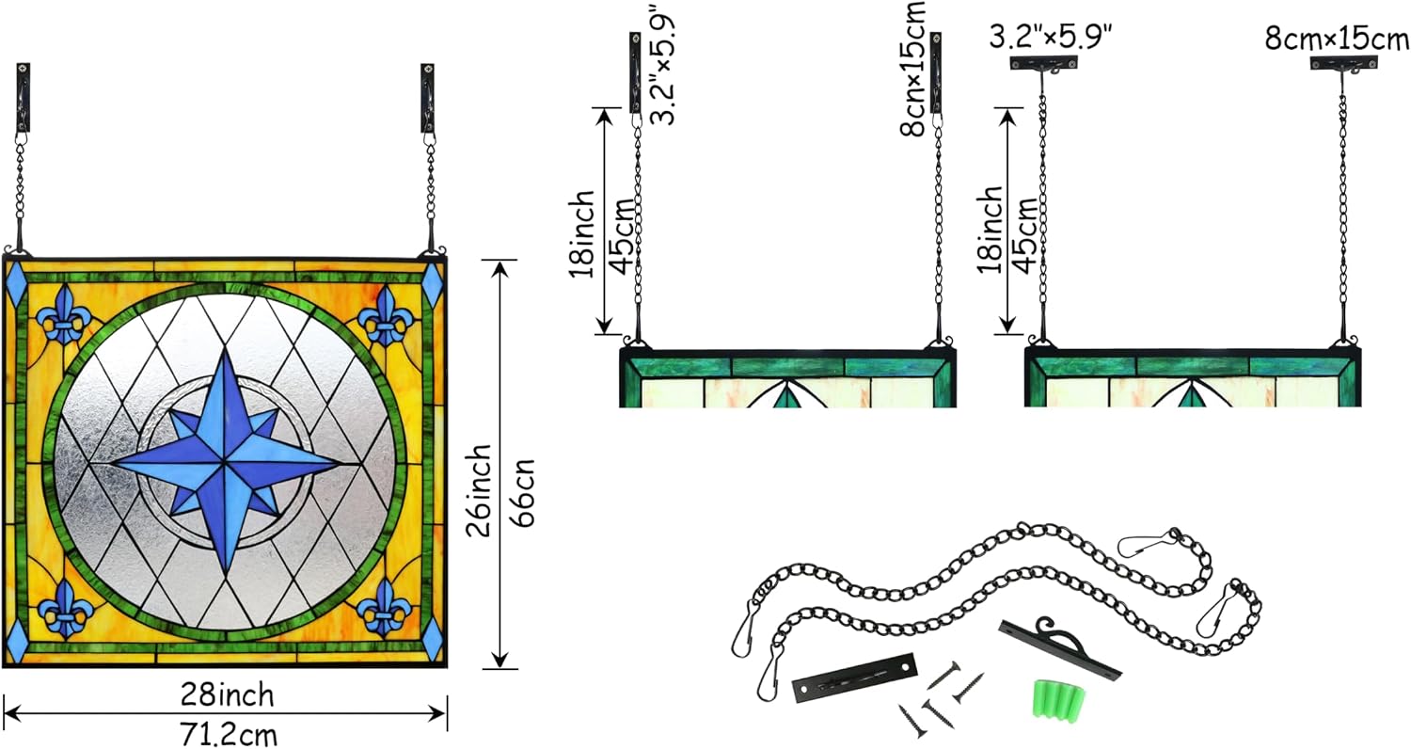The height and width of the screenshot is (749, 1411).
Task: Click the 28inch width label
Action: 228,695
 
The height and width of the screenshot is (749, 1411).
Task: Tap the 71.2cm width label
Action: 228,735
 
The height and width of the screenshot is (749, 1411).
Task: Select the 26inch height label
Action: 479,491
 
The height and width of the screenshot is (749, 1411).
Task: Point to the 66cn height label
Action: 522,493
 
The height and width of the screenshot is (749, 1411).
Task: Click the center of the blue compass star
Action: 225,463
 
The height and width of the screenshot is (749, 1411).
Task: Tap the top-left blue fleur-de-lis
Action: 63,315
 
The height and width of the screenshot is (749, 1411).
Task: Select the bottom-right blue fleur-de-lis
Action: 384,607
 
